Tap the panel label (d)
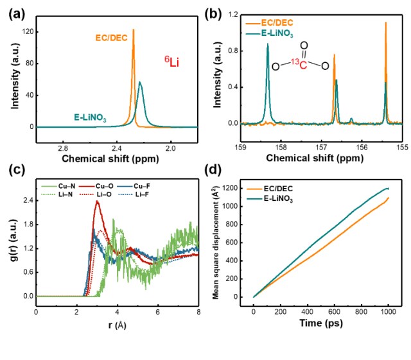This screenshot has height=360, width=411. (213, 170)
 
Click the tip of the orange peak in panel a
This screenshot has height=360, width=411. (133, 30)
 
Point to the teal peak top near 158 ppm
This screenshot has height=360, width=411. (268, 44)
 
